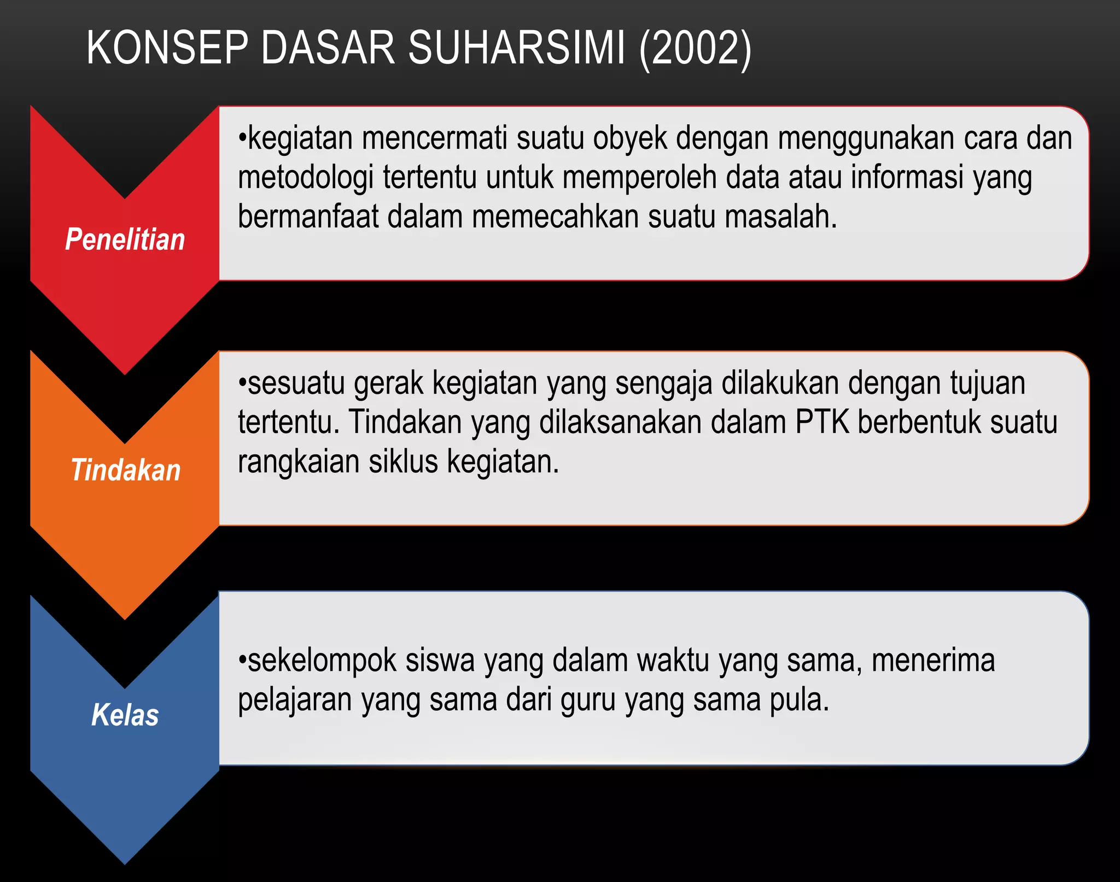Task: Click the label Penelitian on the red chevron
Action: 125,240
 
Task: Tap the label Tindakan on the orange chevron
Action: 125,470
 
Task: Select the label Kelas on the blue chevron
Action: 125,715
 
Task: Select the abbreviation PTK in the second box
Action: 822,422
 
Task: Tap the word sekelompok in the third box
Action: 322,661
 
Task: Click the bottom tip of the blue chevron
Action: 125,862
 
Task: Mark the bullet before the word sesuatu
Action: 242,382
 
